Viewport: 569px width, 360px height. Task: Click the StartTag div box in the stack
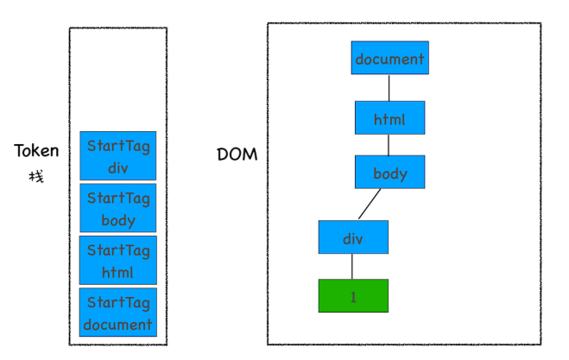pos(118,155)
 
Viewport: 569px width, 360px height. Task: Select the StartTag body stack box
pos(118,208)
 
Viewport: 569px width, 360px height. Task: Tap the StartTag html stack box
pos(118,261)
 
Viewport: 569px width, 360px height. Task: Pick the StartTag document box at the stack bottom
pos(118,313)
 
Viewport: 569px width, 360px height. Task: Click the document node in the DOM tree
pos(389,59)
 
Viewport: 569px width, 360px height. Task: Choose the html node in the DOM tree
pos(389,117)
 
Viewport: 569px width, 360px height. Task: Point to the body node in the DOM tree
pos(389,172)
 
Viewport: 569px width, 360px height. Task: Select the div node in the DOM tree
pos(352,237)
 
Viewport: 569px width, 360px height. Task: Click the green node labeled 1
pos(352,295)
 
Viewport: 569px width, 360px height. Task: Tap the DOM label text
pos(237,155)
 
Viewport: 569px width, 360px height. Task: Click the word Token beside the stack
pos(36,151)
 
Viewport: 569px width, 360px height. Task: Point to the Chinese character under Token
pos(35,177)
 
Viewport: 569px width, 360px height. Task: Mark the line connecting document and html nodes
pos(389,88)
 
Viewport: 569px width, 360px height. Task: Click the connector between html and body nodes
pos(389,145)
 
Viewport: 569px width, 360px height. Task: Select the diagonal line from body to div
pos(370,205)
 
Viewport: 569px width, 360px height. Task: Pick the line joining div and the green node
pos(352,266)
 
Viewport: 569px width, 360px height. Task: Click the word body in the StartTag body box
pos(118,220)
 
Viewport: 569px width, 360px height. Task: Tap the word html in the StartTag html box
pos(118,272)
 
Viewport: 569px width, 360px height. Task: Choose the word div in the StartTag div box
pos(118,167)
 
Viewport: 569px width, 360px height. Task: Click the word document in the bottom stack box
pos(118,325)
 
